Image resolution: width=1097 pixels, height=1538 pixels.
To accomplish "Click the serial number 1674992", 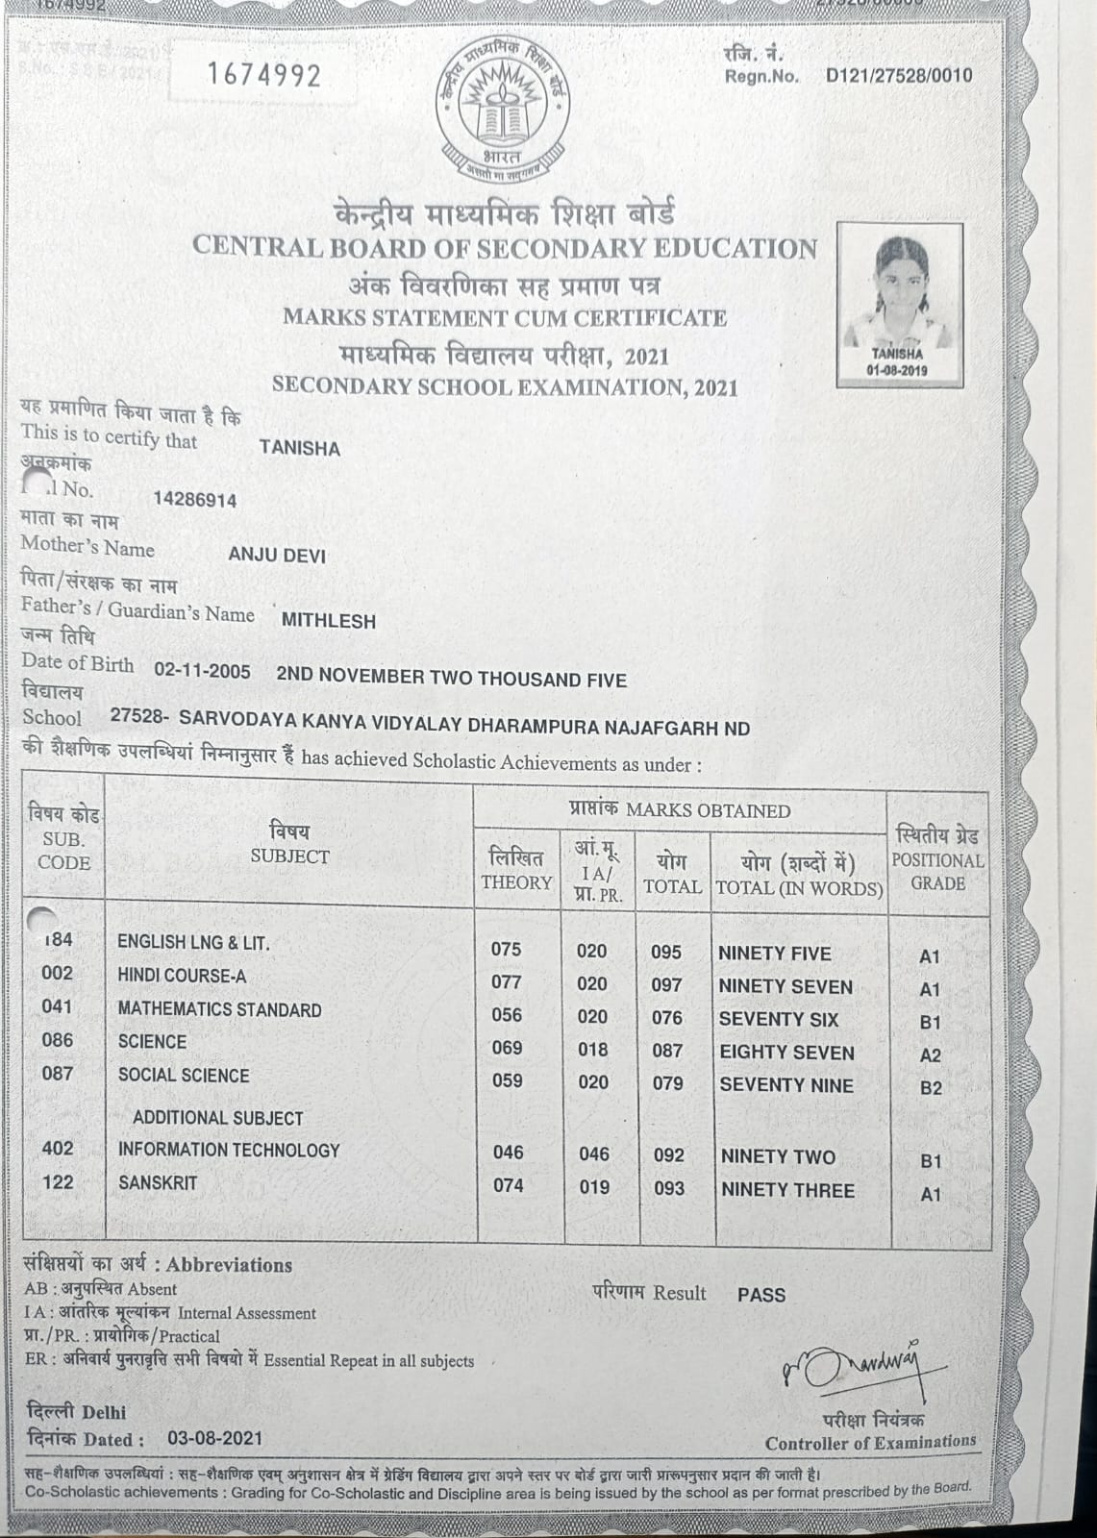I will coord(263,76).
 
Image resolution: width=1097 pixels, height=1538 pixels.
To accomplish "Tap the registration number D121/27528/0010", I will coord(899,76).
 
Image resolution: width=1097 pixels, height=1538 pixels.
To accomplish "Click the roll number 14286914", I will coord(194,500).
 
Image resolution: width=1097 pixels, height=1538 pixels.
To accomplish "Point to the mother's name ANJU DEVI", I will coord(277,556).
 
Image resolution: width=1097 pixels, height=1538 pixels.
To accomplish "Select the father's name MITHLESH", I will coord(328,621).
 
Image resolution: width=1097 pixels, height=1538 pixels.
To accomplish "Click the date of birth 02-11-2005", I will coord(202,671).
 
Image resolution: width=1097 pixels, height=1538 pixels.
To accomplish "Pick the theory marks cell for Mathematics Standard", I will coord(507,1015).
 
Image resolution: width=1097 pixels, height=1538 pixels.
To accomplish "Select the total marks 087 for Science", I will coord(667,1051).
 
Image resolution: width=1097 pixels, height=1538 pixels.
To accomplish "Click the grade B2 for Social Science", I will coord(930,1088).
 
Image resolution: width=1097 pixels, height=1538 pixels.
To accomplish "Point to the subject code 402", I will coord(58,1148).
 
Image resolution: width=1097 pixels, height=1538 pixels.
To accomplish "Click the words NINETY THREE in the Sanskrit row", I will coord(787,1190).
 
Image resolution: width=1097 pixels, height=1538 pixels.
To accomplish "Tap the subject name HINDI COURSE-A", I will coord(182,976).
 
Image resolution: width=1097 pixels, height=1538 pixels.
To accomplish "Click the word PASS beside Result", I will coord(761,1295).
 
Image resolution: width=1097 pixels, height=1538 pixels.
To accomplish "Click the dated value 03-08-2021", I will coord(214,1438).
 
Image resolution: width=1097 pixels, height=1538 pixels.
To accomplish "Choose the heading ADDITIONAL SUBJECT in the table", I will coord(217,1118).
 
